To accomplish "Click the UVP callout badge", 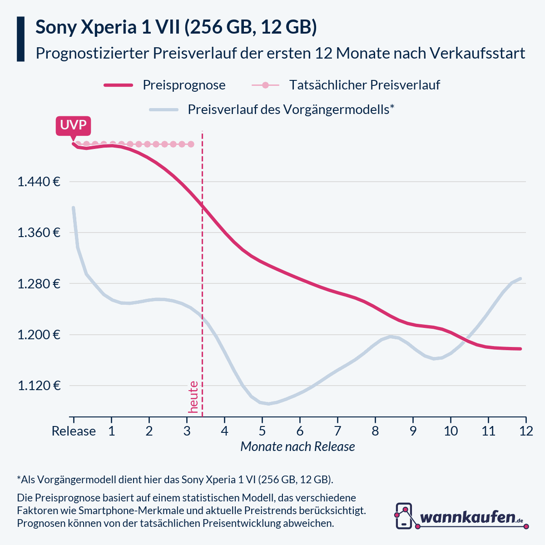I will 73,125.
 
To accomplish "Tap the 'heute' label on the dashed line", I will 193,397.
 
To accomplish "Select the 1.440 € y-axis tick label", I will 39,182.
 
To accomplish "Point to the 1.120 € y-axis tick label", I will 39,386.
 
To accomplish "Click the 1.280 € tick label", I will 39,284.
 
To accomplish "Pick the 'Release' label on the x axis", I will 74,431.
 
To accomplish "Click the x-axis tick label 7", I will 337,431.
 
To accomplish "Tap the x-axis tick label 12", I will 526,431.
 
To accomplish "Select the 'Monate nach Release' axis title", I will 297,447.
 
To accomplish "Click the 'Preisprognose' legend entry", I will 184,85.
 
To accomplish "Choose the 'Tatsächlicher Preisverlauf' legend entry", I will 364,85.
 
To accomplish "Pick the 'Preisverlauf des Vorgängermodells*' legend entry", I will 291,109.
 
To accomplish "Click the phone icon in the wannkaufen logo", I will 404,515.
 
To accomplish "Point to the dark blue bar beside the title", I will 20,39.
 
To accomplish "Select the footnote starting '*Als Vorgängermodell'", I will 175,480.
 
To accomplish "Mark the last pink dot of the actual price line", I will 191,144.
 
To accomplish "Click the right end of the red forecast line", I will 520,349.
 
